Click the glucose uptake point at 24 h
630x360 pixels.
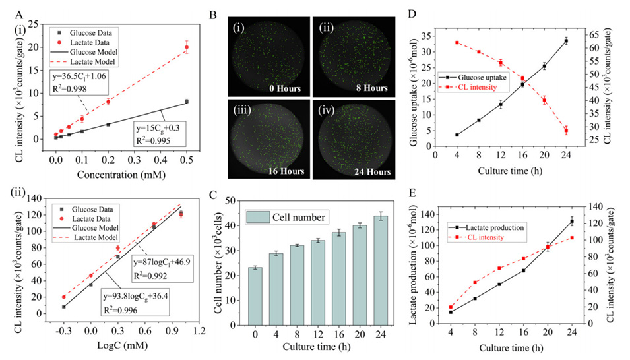(x=565, y=41)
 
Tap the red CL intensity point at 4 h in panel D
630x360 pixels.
(x=457, y=43)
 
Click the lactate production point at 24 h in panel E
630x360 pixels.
(x=571, y=222)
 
